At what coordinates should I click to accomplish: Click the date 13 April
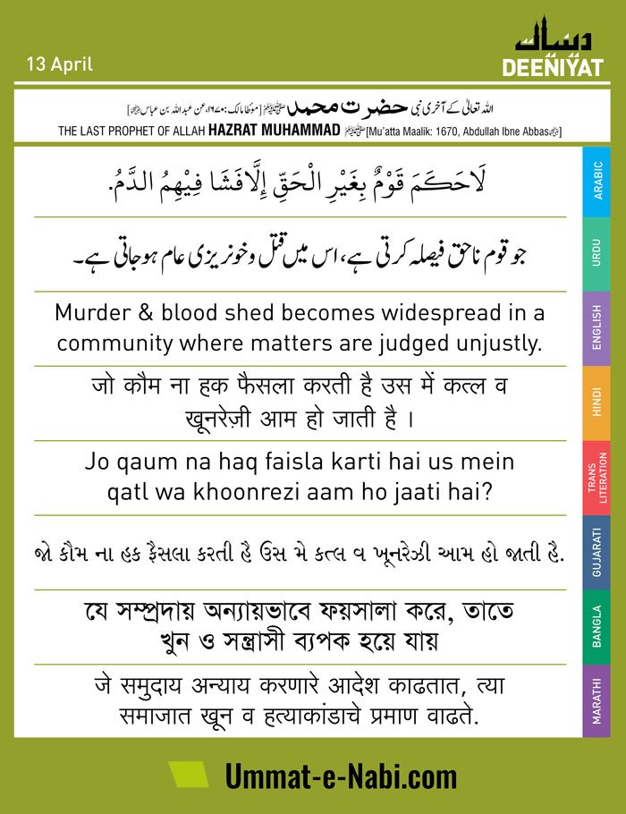pyautogui.click(x=60, y=65)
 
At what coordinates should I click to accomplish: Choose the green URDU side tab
pyautogui.click(x=596, y=254)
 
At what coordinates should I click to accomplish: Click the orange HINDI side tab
pyautogui.click(x=596, y=403)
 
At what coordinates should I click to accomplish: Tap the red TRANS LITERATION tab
pyautogui.click(x=596, y=478)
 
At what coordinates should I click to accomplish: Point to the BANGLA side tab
pyautogui.click(x=596, y=627)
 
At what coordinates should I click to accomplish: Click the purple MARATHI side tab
pyautogui.click(x=596, y=701)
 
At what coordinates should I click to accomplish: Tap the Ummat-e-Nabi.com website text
pyautogui.click(x=341, y=776)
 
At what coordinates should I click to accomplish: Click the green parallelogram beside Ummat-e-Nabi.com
pyautogui.click(x=189, y=775)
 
